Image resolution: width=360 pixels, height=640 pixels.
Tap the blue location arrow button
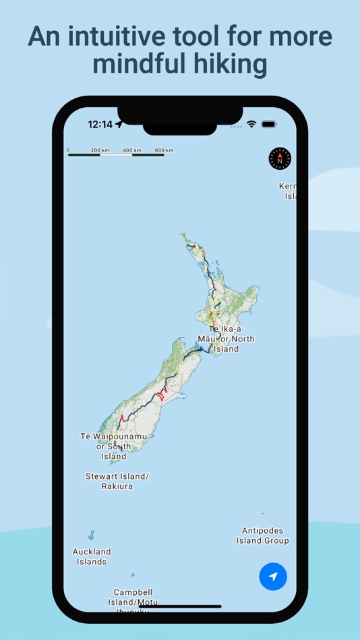point(273,577)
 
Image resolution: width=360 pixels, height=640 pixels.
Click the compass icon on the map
point(280,159)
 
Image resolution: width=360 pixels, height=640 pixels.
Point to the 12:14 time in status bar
point(100,125)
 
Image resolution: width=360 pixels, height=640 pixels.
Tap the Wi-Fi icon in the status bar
point(251,125)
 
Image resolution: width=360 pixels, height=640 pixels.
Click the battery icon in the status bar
point(269,125)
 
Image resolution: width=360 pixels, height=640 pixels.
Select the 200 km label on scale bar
point(100,150)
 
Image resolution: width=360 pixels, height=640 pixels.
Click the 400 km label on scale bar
point(132,150)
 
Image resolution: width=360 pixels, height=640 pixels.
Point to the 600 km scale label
point(164,150)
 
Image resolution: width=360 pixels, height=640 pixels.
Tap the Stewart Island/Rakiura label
point(117,481)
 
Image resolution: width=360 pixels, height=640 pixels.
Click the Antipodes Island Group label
point(262,536)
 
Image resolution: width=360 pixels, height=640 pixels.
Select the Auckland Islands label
point(92,556)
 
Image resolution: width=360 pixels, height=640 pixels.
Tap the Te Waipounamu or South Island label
point(114,446)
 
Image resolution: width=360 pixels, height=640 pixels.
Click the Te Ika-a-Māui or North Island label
point(226,339)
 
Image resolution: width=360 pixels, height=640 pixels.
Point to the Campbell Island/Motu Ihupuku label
point(136,601)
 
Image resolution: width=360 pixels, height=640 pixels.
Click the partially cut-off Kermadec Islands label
point(289,191)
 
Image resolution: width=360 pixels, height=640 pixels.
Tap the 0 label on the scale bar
point(68,150)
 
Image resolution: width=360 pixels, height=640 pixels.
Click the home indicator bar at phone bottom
point(180,606)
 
